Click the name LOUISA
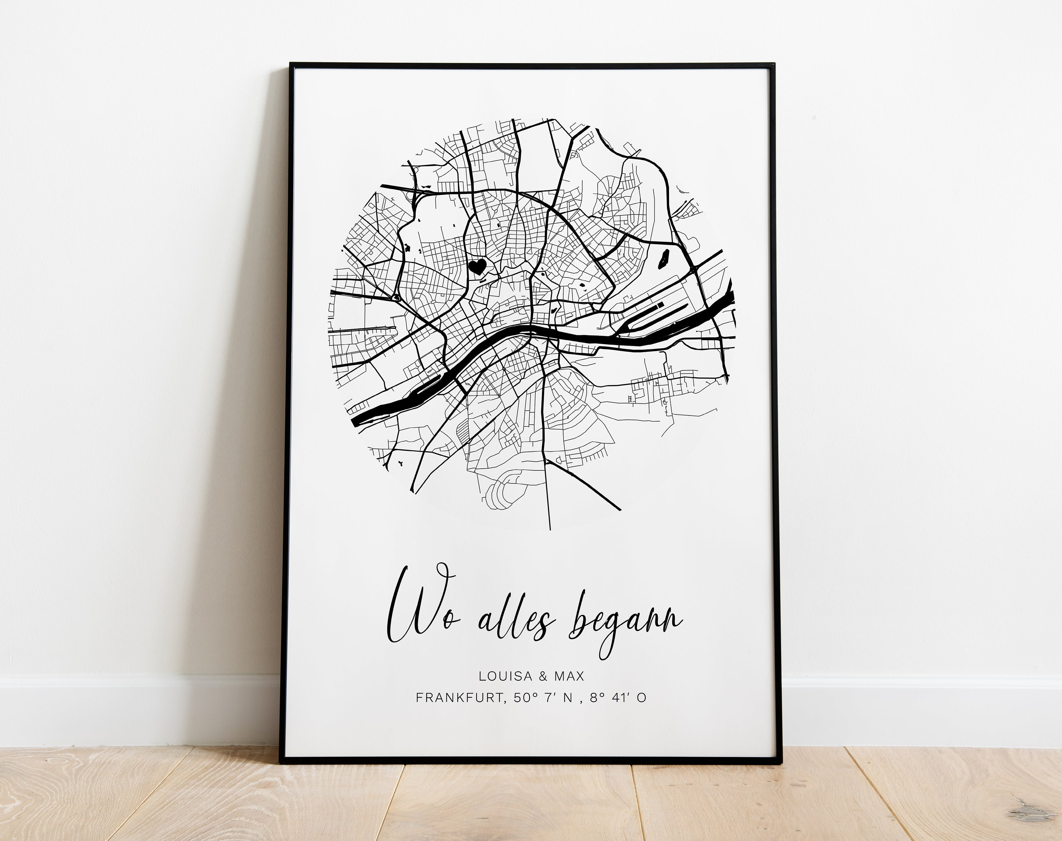(x=506, y=676)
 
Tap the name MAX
(x=569, y=676)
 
